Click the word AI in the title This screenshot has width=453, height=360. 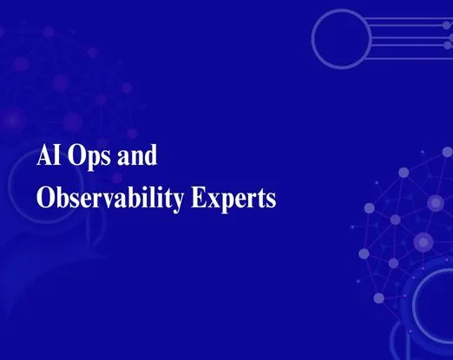[x=49, y=159]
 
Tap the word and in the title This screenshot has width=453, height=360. [x=140, y=159]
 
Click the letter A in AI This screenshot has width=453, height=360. [x=44, y=159]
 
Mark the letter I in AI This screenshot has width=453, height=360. [x=58, y=159]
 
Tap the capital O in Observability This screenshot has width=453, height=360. [x=46, y=200]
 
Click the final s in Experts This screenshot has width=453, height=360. [x=271, y=201]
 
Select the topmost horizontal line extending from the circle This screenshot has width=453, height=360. [x=408, y=15]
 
